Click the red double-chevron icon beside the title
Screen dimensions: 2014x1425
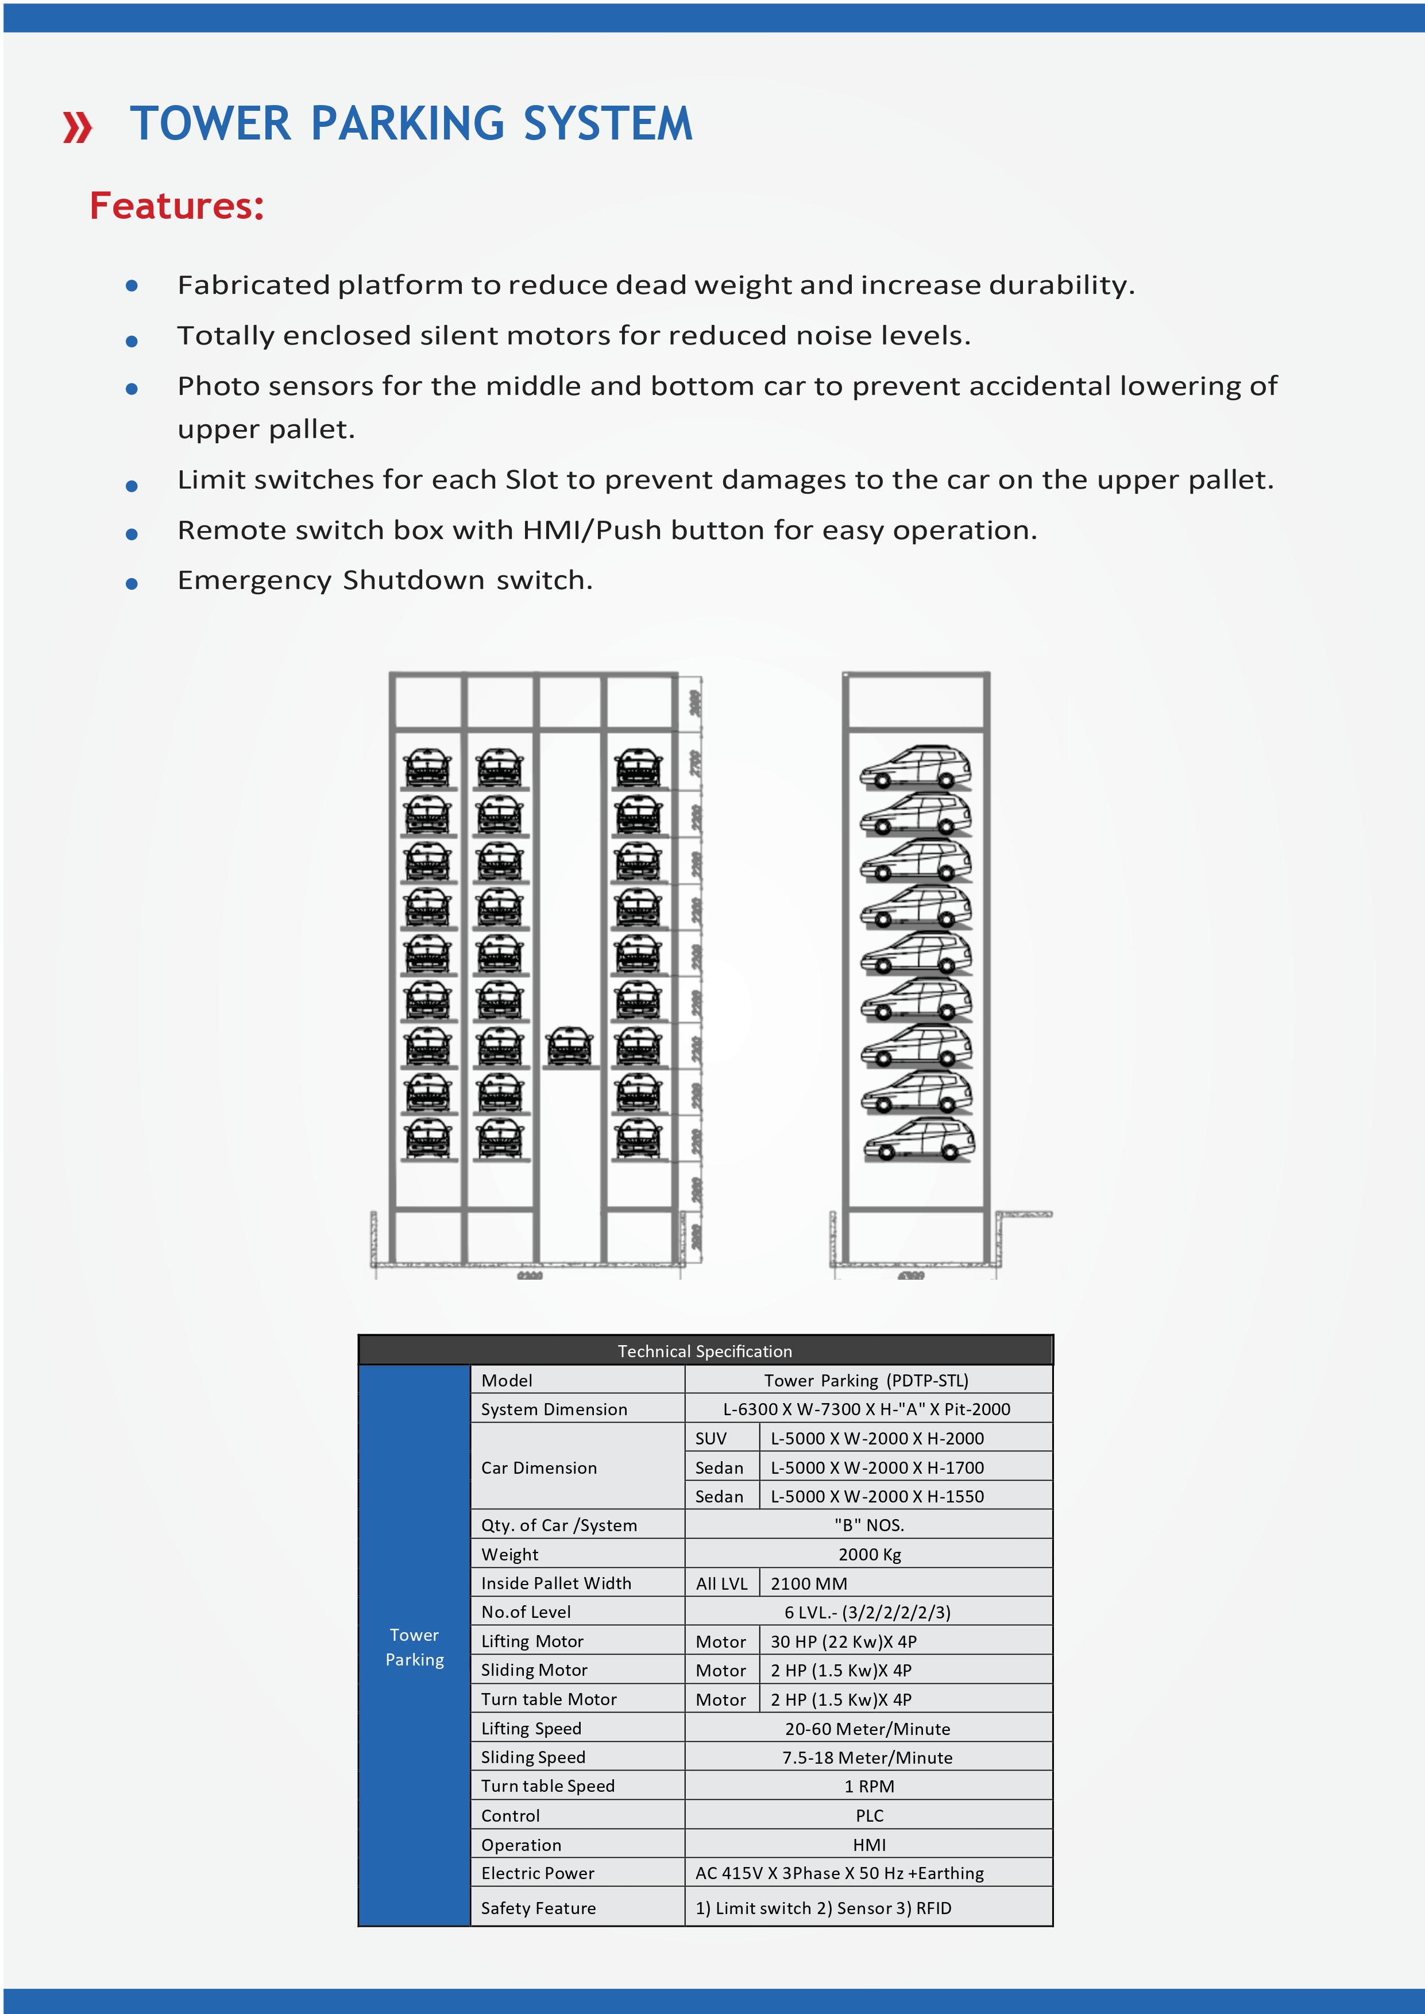[x=77, y=127]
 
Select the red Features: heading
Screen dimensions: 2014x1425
[x=176, y=206]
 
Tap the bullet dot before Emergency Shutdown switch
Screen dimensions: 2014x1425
[x=132, y=583]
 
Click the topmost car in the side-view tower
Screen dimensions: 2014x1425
[x=916, y=768]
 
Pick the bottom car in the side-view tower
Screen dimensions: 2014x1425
[x=919, y=1140]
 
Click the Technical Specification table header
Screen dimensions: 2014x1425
[x=705, y=1351]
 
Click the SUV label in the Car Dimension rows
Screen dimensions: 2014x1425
[x=710, y=1439]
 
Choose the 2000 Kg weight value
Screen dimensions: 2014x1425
[x=868, y=1554]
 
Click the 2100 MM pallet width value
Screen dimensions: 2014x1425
[x=808, y=1583]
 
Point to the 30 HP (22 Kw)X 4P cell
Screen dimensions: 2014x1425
[x=843, y=1641]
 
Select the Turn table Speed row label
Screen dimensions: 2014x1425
[x=547, y=1786]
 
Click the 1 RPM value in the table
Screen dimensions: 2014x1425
[x=868, y=1786]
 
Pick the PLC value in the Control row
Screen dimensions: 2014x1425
[x=868, y=1816]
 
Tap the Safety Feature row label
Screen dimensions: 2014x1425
[x=538, y=1908]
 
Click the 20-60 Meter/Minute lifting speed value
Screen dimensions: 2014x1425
[x=867, y=1729]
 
